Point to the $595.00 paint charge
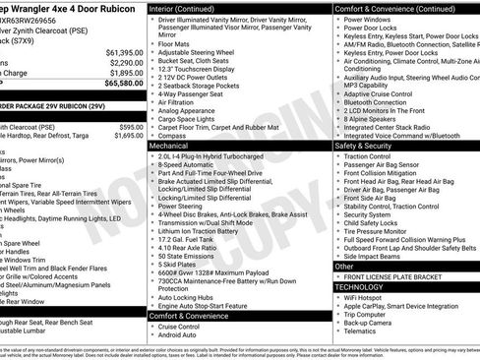pyautogui.click(x=130, y=127)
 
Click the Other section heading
pyautogui.click(x=345, y=266)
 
